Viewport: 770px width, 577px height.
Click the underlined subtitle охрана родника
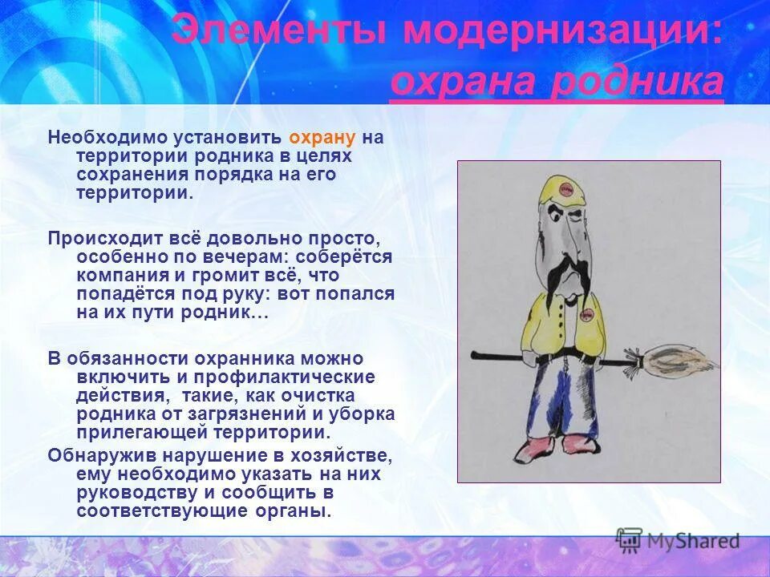[557, 82]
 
